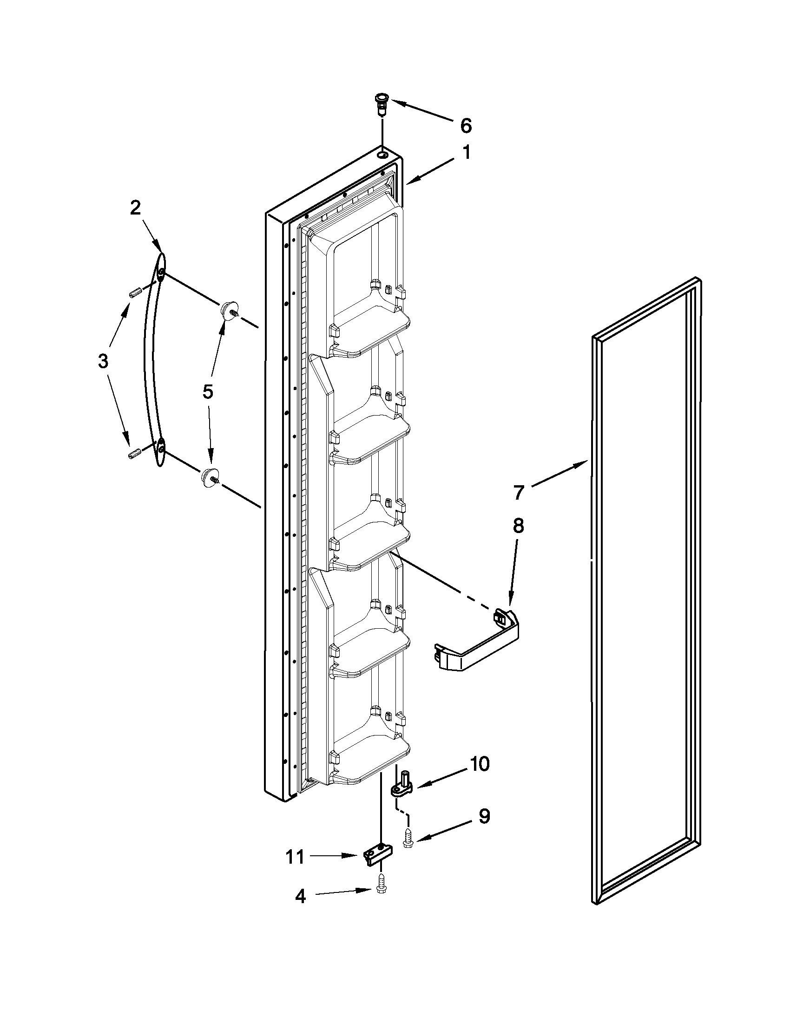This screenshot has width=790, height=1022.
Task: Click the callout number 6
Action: [466, 125]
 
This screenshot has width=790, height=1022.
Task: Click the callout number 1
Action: [466, 153]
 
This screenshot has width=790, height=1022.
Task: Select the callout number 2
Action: [135, 208]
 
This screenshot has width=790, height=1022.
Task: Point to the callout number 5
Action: [208, 391]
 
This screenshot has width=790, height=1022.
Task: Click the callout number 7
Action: [518, 493]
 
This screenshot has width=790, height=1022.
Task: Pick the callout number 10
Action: [479, 764]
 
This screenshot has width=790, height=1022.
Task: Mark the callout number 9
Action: [484, 816]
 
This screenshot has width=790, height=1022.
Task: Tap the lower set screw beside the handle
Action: [135, 454]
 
